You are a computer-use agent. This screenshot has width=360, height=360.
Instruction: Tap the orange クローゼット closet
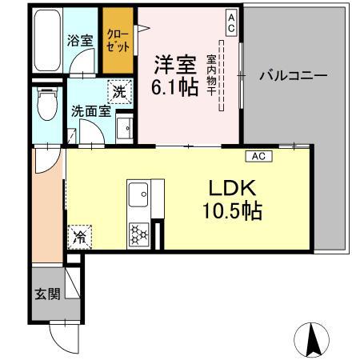(x=117, y=39)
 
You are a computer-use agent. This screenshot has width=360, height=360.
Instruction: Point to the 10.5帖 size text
(x=232, y=212)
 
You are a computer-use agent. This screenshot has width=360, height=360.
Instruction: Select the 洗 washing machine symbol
(x=118, y=92)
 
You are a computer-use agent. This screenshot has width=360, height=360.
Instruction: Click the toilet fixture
(x=48, y=102)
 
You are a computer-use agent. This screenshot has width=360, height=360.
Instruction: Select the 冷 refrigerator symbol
(x=80, y=236)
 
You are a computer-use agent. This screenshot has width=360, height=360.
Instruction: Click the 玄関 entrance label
(x=47, y=294)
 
